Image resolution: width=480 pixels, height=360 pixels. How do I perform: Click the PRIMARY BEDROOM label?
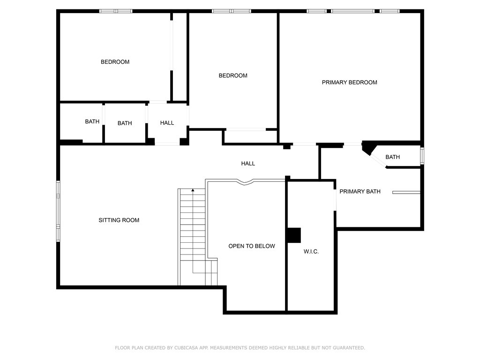pyautogui.click(x=349, y=82)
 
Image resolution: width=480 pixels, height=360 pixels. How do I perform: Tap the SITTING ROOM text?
pyautogui.click(x=119, y=220)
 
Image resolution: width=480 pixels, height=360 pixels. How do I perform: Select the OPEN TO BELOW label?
pyautogui.click(x=252, y=246)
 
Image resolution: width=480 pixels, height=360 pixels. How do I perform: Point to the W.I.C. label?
pyautogui.click(x=311, y=252)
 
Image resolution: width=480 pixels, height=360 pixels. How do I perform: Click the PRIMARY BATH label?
pyautogui.click(x=360, y=191)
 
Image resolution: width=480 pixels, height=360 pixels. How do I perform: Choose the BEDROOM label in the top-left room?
pyautogui.click(x=115, y=62)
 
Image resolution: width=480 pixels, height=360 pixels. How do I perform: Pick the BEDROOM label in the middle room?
pyautogui.click(x=233, y=75)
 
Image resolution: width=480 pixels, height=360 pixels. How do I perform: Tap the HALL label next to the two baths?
pyautogui.click(x=167, y=123)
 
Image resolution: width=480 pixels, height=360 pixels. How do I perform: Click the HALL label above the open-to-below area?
pyautogui.click(x=248, y=164)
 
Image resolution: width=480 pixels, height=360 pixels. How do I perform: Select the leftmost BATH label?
pyautogui.click(x=92, y=121)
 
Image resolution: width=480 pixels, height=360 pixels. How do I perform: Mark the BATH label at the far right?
pyautogui.click(x=392, y=157)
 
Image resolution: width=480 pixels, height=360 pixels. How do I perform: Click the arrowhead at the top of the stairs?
pyautogui.click(x=193, y=190)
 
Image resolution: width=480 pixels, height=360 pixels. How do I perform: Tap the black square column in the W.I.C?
pyautogui.click(x=294, y=235)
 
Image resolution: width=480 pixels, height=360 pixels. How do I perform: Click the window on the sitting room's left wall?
pyautogui.click(x=59, y=211)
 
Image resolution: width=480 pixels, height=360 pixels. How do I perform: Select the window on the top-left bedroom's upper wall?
pyautogui.click(x=116, y=11)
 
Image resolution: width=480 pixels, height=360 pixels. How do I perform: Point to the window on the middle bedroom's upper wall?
pyautogui.click(x=232, y=11)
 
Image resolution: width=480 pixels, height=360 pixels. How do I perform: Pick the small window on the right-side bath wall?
pyautogui.click(x=422, y=156)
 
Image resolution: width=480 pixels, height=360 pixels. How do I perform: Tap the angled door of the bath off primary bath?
pyautogui.click(x=377, y=159)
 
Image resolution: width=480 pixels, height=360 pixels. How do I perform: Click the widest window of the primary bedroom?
pyautogui.click(x=352, y=11)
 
